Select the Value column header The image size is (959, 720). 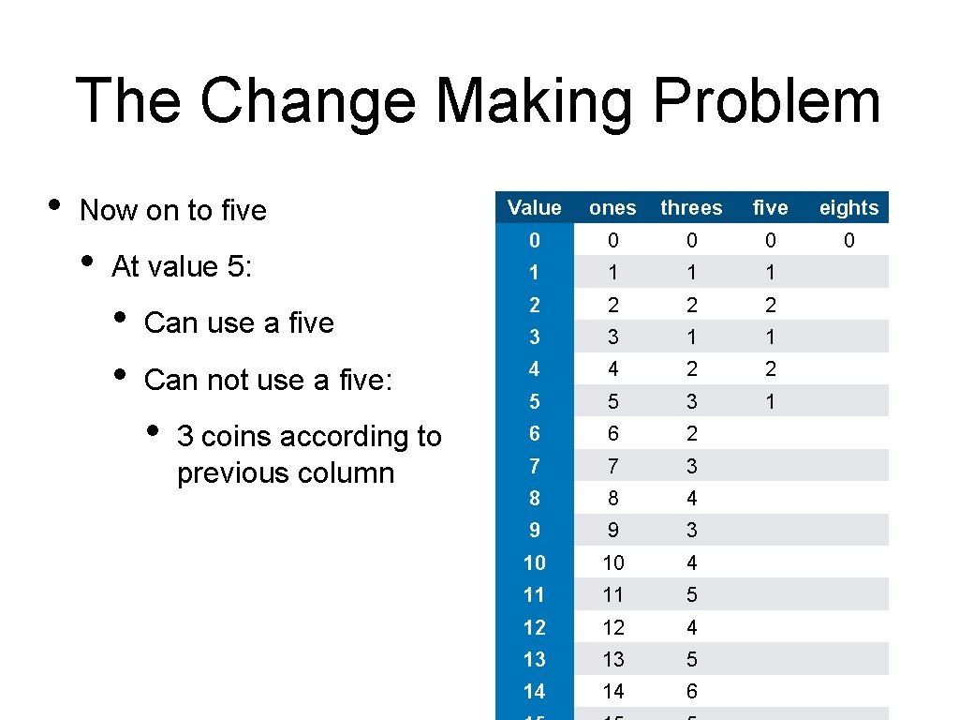coord(534,208)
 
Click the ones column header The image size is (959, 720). coord(612,208)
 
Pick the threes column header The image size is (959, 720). coord(691,208)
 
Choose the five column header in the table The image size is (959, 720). coord(770,208)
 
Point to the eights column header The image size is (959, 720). coord(848,208)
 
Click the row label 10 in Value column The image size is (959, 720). coord(534,562)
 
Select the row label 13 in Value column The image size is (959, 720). coord(534,659)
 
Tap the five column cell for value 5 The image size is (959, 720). coord(770,401)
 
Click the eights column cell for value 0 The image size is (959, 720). coord(848,241)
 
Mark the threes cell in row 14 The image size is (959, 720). coord(691,691)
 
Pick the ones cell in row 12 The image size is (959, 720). coord(612,627)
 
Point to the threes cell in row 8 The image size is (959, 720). coord(691,498)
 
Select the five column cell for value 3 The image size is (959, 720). coord(770,337)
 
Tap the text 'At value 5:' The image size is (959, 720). coord(181,267)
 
